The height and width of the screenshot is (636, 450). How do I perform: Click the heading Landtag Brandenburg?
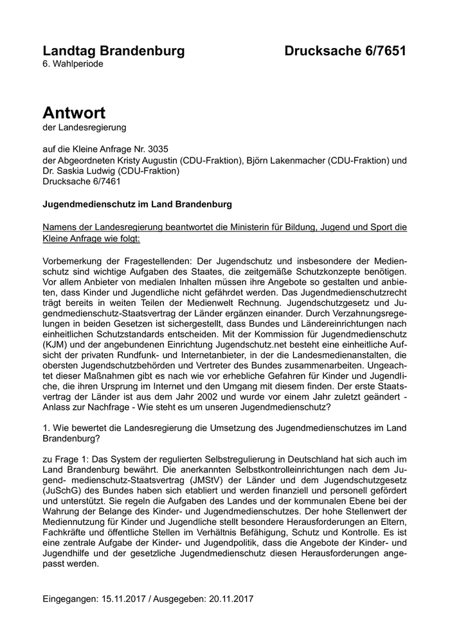(113, 51)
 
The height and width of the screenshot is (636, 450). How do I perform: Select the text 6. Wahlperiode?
(73, 64)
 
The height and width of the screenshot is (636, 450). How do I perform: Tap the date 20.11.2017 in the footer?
(231, 598)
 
